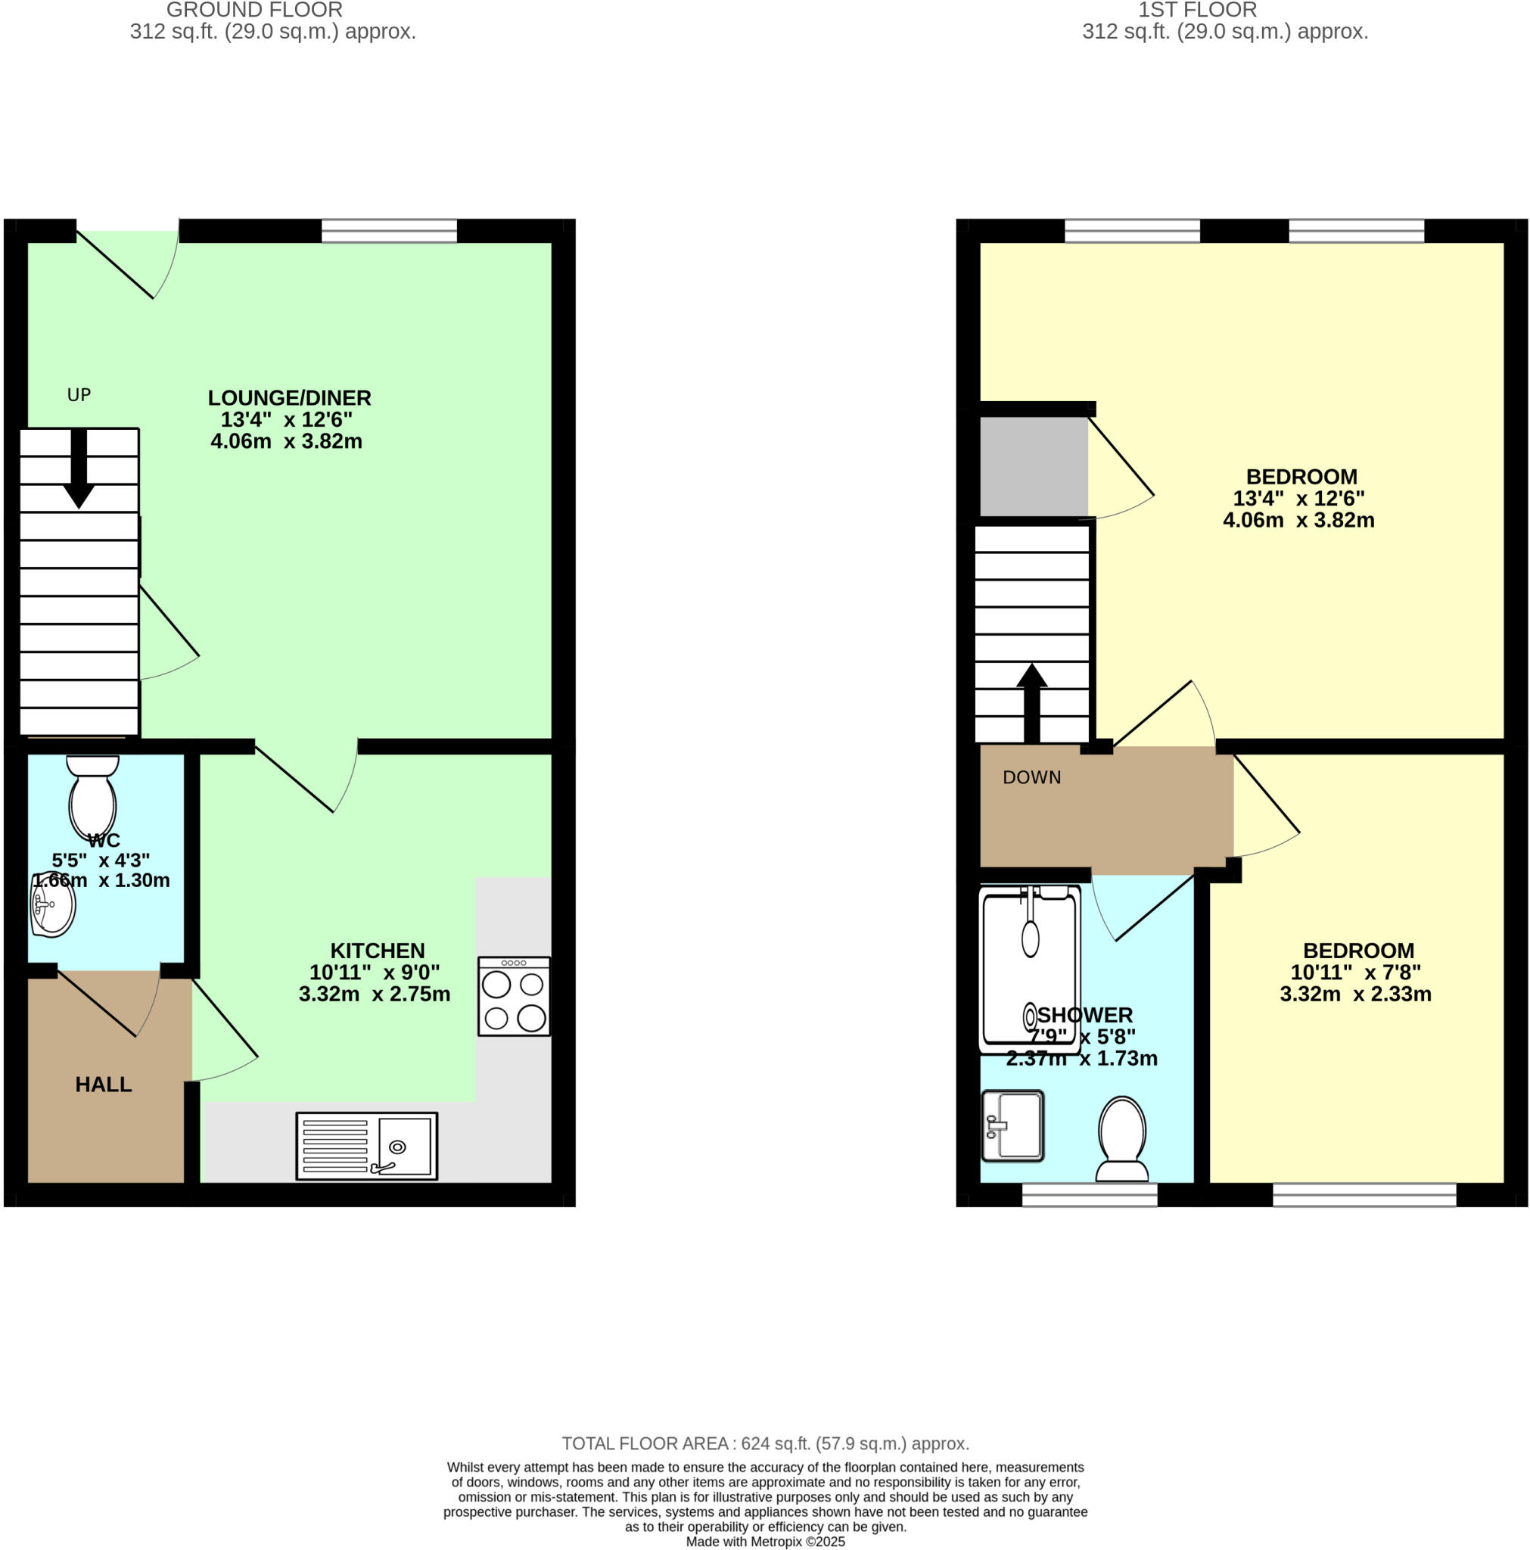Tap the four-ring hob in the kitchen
pos(514,996)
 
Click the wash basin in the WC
pos(52,905)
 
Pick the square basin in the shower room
pos(1012,1125)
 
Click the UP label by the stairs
pos(79,395)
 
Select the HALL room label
pos(104,1084)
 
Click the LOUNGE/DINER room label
pos(289,398)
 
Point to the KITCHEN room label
pos(377,951)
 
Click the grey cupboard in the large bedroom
pos(1034,466)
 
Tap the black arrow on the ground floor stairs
pos(79,469)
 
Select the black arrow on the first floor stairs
pos(1032,703)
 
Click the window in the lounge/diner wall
pos(389,232)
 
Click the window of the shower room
pos(1089,1194)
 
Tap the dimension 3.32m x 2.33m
pos(1354,994)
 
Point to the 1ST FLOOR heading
pos(1196,11)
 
